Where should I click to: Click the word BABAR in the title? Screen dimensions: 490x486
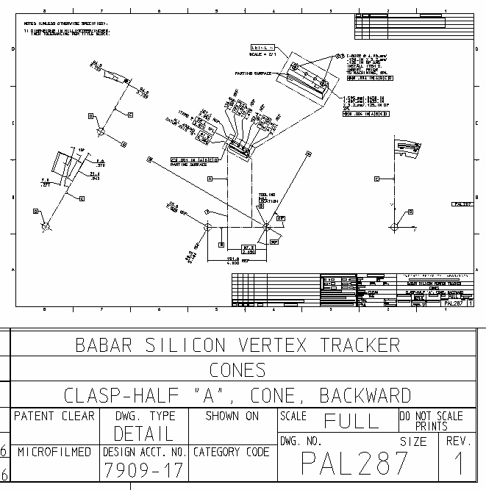click(x=105, y=345)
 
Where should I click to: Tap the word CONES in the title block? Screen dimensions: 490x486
click(x=237, y=370)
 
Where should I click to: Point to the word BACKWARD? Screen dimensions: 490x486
click(x=365, y=395)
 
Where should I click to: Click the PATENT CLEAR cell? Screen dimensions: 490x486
click(x=55, y=417)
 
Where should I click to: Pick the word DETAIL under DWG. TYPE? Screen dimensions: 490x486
click(x=143, y=432)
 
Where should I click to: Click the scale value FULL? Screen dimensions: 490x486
click(x=351, y=421)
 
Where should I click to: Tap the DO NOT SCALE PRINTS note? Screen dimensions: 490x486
click(x=431, y=420)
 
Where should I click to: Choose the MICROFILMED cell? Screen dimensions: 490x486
click(x=55, y=451)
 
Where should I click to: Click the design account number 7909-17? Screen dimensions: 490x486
click(x=143, y=468)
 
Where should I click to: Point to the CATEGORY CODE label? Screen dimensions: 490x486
click(x=232, y=452)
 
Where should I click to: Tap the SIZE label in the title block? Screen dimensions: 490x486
click(x=412, y=442)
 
